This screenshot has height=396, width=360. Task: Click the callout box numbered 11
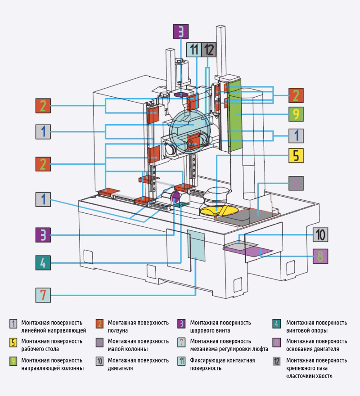coord(194,49)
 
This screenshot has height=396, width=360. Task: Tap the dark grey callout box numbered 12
coord(209,49)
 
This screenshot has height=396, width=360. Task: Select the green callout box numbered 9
coord(296,114)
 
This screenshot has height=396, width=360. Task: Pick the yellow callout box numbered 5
coord(296,155)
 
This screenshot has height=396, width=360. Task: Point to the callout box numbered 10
coord(320,234)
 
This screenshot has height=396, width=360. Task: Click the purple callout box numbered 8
coord(320,256)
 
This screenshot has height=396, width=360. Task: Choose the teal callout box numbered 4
coord(43,263)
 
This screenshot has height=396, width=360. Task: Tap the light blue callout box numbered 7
coord(43,295)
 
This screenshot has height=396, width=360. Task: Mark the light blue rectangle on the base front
coord(196,245)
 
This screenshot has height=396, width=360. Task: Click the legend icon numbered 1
coord(13,324)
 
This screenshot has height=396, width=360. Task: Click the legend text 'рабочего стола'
coord(40,349)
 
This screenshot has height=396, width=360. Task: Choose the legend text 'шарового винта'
coord(210,330)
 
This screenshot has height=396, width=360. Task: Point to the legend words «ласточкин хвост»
coord(310,376)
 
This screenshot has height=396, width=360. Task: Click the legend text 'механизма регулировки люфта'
coord(229,349)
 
